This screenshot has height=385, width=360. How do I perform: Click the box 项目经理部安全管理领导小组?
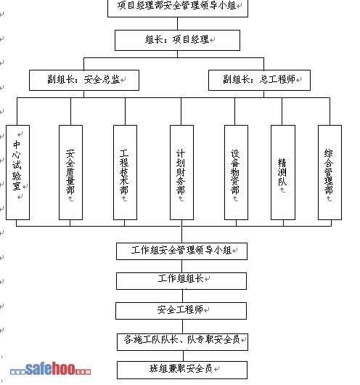(178, 7)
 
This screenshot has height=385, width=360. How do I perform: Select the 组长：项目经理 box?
(177, 40)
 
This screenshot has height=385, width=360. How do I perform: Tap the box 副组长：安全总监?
(84, 80)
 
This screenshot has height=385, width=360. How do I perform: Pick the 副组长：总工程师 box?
(259, 80)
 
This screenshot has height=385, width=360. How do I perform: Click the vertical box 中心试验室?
(17, 172)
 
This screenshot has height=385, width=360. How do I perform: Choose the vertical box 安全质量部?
(70, 172)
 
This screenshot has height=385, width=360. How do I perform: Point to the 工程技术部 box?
(125, 172)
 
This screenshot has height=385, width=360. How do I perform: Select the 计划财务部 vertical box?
(181, 172)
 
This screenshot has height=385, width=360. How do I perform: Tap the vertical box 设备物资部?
(236, 172)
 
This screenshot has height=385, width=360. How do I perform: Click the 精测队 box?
(283, 172)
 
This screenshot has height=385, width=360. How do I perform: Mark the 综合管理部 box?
(330, 172)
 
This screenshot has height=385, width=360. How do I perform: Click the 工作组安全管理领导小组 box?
(182, 251)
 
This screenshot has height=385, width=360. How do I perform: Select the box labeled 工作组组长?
(181, 281)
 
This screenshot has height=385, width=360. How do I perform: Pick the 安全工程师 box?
(181, 311)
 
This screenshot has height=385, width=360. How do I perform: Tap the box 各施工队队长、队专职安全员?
(183, 342)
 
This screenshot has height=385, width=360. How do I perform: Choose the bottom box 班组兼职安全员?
(182, 370)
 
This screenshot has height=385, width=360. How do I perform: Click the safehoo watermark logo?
(50, 369)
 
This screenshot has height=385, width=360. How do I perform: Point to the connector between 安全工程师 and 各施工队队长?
(183, 326)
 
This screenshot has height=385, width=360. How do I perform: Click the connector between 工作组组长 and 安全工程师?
(183, 296)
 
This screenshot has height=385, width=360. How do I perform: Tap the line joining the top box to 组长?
(177, 23)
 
